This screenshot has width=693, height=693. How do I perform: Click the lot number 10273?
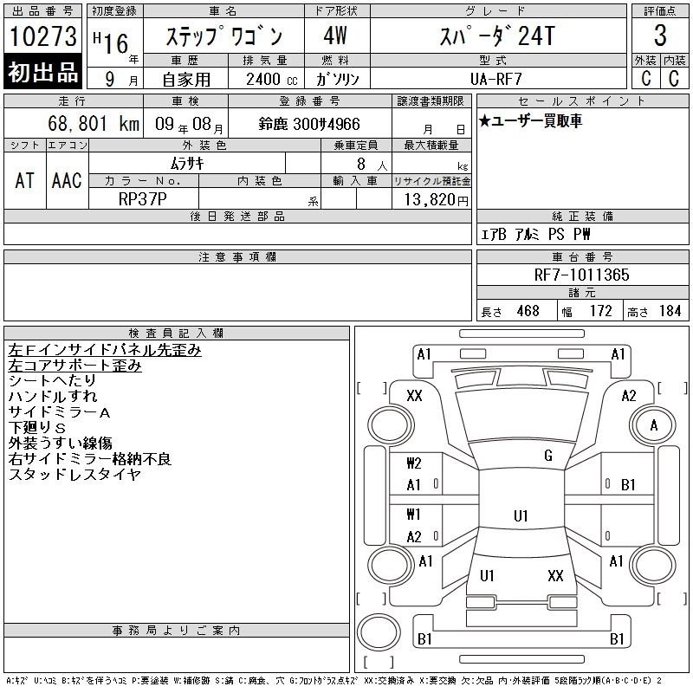click(x=42, y=36)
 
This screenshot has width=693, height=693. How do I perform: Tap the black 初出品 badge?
click(x=42, y=72)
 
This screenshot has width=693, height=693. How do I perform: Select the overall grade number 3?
click(x=660, y=36)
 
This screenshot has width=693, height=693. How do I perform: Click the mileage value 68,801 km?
click(x=94, y=124)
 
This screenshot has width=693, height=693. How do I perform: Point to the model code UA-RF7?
click(x=495, y=79)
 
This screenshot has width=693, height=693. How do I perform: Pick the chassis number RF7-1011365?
click(x=581, y=275)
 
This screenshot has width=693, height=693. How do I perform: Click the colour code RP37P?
click(x=142, y=199)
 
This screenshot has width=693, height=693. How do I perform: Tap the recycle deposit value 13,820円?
click(x=436, y=200)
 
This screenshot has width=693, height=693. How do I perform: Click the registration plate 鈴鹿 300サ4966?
click(x=309, y=124)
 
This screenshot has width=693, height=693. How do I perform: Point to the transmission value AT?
click(x=25, y=181)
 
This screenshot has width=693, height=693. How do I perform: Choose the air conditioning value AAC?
click(x=68, y=181)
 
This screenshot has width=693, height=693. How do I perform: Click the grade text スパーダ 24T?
click(x=497, y=36)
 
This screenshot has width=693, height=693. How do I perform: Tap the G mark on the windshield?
click(x=548, y=456)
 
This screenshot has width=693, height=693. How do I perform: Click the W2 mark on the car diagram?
click(x=414, y=463)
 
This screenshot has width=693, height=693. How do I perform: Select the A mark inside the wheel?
click(x=654, y=425)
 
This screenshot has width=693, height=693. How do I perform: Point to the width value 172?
click(x=600, y=311)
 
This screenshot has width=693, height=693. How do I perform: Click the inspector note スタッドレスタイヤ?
click(x=74, y=475)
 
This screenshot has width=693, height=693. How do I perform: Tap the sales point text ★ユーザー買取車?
click(x=530, y=120)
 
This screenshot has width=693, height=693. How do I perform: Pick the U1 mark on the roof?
click(x=521, y=516)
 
